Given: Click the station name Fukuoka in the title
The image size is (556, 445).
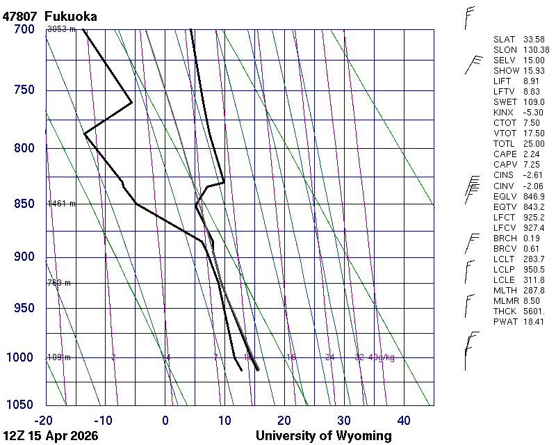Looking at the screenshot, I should (x=70, y=16).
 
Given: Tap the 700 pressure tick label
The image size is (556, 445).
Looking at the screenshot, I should (x=24, y=29).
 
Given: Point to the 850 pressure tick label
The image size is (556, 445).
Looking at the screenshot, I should (x=24, y=204).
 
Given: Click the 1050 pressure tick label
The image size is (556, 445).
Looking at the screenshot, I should (x=22, y=405).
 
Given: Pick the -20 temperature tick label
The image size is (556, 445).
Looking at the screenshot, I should (x=44, y=420).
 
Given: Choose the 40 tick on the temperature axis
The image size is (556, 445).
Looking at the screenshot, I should (x=403, y=420).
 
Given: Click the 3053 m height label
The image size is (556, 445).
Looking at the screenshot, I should (x=60, y=29).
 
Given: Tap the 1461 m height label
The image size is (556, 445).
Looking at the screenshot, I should (x=60, y=204).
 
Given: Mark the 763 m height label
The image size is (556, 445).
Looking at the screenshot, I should (x=58, y=283).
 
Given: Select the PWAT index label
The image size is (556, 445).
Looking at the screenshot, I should (x=506, y=321).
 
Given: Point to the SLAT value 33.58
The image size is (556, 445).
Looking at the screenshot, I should (x=534, y=40).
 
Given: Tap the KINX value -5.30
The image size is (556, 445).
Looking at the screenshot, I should (x=534, y=113).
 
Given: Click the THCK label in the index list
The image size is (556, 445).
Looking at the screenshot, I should (x=506, y=311).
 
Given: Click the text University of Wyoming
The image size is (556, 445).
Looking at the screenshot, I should (x=323, y=436).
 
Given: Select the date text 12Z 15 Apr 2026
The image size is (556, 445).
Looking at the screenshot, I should (x=50, y=436).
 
